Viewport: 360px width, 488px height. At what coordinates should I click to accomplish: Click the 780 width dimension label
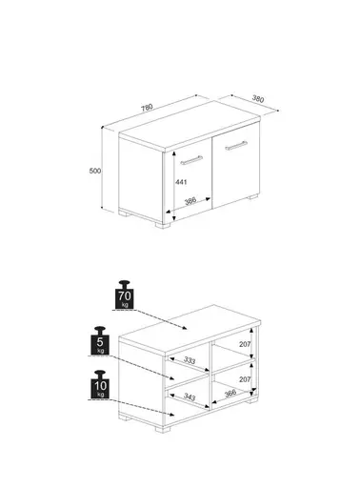147,108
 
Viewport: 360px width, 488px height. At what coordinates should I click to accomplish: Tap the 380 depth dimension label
258,99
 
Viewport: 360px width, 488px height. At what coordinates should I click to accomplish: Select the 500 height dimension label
95,171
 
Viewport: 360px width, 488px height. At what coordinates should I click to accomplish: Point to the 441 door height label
181,182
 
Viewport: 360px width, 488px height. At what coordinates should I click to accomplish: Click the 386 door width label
190,201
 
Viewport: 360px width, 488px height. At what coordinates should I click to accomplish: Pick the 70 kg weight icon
125,295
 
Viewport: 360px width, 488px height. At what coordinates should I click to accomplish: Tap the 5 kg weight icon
100,341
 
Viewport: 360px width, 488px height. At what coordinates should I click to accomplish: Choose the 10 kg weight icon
100,385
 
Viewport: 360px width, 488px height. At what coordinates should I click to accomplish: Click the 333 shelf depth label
190,360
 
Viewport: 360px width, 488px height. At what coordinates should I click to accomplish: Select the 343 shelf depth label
190,396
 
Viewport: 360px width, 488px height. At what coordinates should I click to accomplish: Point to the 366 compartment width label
230,393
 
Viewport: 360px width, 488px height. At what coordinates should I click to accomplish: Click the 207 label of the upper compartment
245,344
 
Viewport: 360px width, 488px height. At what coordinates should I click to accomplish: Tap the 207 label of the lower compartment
245,379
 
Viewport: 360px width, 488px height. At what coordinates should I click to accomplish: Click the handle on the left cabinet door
191,160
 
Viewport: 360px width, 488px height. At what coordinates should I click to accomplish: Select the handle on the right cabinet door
236,146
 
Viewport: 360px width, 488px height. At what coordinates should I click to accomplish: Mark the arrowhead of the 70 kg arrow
185,328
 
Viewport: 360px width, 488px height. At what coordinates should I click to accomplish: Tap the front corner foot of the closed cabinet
163,225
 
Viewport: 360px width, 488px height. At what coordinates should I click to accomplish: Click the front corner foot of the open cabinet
163,429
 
